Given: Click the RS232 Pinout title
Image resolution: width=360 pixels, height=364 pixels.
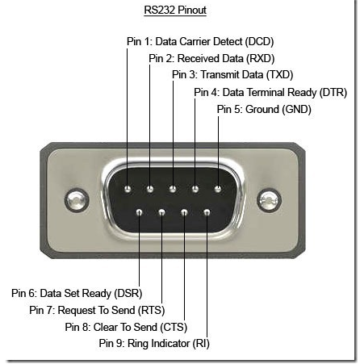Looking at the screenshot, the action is point(175,10).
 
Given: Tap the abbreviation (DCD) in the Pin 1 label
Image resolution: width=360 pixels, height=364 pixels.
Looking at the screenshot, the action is point(259,42).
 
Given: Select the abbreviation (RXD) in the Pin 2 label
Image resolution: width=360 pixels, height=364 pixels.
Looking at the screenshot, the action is point(261,58).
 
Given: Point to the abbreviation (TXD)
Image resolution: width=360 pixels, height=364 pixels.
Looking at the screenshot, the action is point(279,74).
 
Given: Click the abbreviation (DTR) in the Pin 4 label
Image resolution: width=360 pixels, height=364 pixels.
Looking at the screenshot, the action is point(333,92).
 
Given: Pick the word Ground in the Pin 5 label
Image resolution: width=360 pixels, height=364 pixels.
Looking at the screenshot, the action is point(262,109).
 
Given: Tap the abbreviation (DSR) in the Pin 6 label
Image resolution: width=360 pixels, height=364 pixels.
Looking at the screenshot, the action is point(128,293).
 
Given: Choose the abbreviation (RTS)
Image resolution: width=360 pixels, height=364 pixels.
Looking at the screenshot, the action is point(151,310).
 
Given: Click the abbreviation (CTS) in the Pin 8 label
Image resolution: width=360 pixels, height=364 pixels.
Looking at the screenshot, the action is point(174,327).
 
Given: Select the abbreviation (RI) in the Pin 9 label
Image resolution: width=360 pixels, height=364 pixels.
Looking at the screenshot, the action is point(201,344).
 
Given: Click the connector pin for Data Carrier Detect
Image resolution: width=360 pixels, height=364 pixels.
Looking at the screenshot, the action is point(128,189).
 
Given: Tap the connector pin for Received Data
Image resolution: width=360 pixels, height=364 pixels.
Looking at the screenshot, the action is point(150,189).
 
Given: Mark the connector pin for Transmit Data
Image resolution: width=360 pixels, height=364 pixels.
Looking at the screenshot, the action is point(173,189).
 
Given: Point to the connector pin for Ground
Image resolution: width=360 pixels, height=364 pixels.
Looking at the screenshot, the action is point(218,189).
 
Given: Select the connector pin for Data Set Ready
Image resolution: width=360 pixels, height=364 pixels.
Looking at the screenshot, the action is point(139,212).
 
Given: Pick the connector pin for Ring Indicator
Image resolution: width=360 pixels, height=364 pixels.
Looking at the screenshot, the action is point(207,212).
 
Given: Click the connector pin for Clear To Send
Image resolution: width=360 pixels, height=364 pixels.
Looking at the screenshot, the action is point(184,212).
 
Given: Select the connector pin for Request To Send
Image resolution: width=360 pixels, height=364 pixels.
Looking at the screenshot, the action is point(161,212).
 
